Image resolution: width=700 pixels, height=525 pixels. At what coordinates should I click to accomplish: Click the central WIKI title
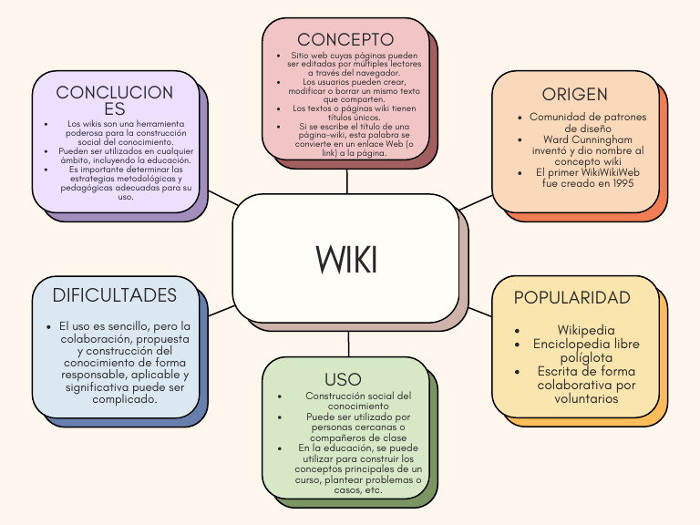coord(346,260)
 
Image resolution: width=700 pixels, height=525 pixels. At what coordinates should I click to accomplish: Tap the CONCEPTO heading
coord(345,39)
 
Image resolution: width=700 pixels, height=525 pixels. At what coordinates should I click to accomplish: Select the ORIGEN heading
coord(574,95)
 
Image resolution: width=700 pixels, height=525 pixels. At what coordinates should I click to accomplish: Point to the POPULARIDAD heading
coord(572,298)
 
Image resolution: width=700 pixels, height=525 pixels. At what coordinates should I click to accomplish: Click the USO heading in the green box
coord(343,379)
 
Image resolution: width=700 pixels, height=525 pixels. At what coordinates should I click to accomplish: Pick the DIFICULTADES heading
coord(114,295)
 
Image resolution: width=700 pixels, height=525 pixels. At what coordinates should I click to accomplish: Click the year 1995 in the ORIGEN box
coord(616,182)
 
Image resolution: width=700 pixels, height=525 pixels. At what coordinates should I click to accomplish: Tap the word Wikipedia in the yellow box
coord(586,330)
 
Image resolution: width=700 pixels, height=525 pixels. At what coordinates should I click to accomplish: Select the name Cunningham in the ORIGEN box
coord(594,139)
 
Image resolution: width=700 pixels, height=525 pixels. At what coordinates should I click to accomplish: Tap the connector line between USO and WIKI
coord(348,344)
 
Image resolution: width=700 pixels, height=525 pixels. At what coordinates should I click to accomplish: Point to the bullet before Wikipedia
coord(518,331)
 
